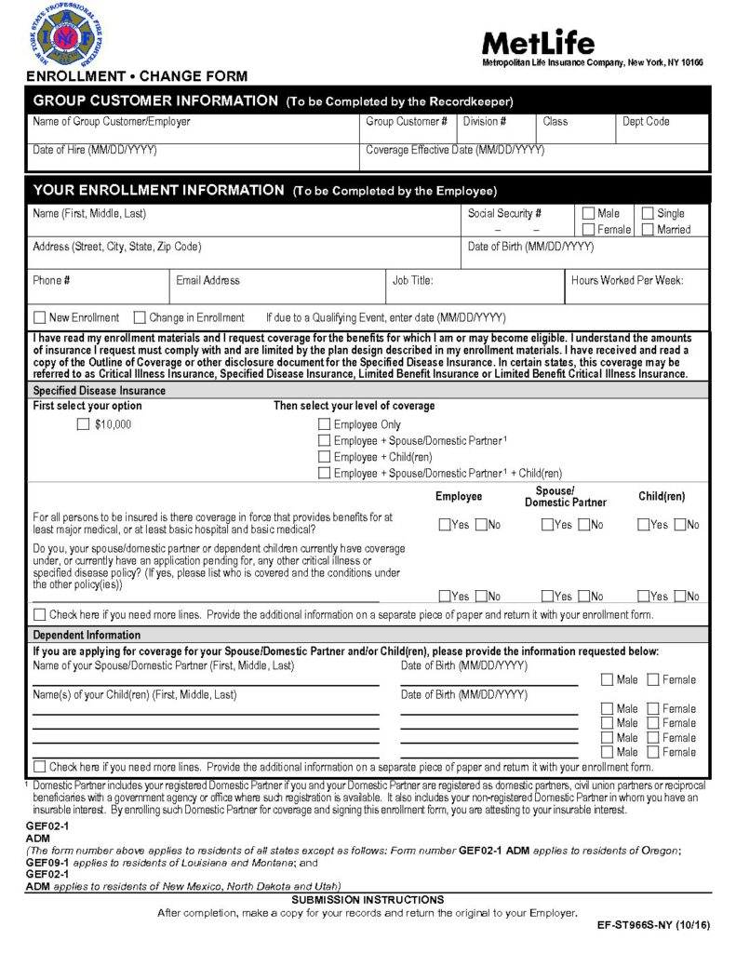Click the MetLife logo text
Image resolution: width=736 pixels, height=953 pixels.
538,42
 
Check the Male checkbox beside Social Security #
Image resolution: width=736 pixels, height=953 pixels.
588,213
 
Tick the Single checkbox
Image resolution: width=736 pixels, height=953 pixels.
649,213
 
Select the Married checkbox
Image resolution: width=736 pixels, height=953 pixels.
649,229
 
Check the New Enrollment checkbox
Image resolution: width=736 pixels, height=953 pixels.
40,317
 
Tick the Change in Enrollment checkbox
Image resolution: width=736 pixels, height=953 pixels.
140,317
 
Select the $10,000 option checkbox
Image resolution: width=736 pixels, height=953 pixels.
83,424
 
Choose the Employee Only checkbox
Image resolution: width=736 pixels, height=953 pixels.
324,424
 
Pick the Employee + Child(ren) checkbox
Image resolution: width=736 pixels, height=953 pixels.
324,457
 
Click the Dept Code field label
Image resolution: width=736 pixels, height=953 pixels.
645,122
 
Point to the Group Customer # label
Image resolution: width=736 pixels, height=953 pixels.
407,122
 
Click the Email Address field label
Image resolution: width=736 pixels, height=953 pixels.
207,280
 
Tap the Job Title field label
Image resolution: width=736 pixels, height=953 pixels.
412,280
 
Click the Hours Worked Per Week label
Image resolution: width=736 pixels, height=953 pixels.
627,280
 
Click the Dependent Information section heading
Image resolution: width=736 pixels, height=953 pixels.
87,636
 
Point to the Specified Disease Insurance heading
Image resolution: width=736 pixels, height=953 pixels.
100,391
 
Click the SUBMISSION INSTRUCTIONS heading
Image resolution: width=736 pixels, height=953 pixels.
368,900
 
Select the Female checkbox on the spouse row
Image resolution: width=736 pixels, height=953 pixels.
653,680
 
